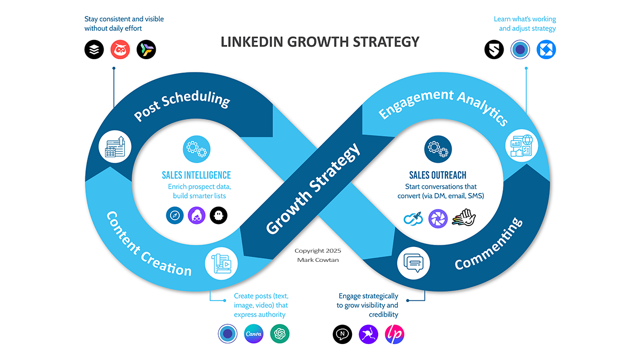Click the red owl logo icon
[121, 50]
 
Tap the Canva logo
[254, 334]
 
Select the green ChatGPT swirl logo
[279, 334]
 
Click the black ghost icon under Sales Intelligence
[219, 215]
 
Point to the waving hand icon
[464, 218]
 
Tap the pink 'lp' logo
[395, 334]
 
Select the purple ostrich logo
[369, 334]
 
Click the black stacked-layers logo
[94, 50]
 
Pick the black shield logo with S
[494, 50]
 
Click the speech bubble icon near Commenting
[413, 263]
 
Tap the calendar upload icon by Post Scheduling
[115, 147]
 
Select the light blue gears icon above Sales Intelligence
[197, 149]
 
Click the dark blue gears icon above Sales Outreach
[438, 149]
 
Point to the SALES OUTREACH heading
[438, 175]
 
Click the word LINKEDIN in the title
[251, 42]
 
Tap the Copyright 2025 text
[318, 251]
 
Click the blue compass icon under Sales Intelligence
[175, 215]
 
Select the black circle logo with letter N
[342, 334]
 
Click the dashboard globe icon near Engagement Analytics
[522, 146]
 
